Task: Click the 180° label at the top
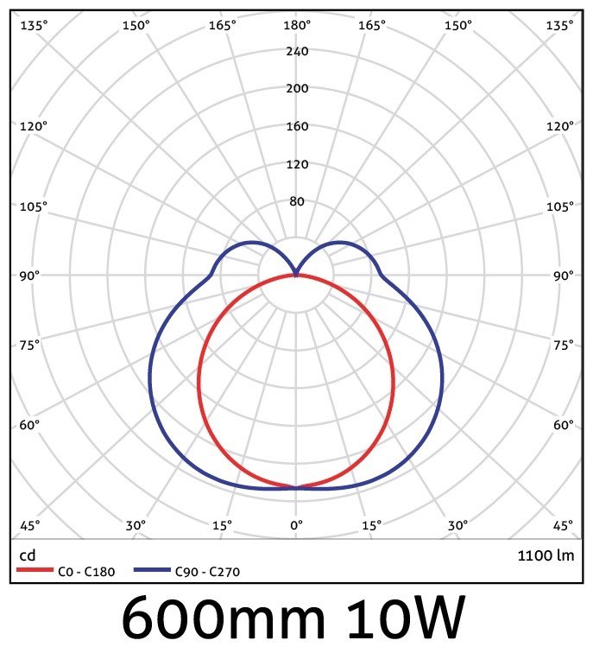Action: click(297, 25)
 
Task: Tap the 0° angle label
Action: click(297, 525)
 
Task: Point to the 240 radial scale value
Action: click(297, 51)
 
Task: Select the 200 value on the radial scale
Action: click(297, 88)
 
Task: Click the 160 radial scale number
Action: click(297, 126)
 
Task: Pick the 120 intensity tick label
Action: click(297, 164)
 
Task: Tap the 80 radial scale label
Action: click(297, 201)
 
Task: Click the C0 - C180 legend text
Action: click(84, 571)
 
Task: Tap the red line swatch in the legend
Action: click(36, 571)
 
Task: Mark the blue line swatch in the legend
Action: click(152, 571)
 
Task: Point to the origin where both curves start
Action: click(297, 275)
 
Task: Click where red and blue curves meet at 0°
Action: click(297, 488)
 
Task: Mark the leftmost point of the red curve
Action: click(199, 381)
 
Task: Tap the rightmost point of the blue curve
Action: click(444, 380)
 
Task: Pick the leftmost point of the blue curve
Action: click(149, 380)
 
